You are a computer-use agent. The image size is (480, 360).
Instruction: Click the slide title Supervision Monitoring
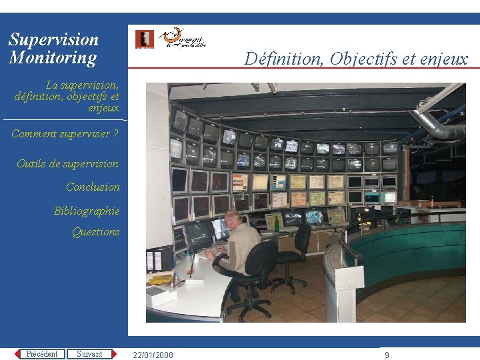coord(53,49)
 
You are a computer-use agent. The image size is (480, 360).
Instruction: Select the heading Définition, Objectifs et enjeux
coord(356,59)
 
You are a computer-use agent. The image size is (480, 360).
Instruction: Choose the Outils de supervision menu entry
coord(67,164)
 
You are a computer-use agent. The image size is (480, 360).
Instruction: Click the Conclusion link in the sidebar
coord(93,187)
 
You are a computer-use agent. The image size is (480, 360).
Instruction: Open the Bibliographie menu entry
coord(87,211)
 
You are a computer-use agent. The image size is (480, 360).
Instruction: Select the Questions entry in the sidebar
coord(95,232)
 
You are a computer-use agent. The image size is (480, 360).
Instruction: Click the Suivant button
coord(89,354)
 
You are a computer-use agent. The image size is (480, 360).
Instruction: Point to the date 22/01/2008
coord(153,355)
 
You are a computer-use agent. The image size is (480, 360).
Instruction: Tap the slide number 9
coord(387,355)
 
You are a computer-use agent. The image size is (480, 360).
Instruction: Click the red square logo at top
coord(144,39)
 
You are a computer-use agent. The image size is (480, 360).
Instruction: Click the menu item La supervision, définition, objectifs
coord(67,96)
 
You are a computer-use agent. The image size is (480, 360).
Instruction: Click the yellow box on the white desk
coord(161,279)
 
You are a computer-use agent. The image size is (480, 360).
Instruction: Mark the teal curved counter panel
coord(407,247)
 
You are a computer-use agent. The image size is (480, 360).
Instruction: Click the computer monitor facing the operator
coord(198,235)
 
